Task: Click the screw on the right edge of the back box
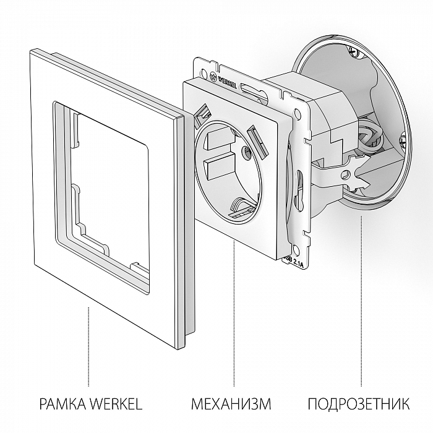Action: pyautogui.click(x=403, y=144)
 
